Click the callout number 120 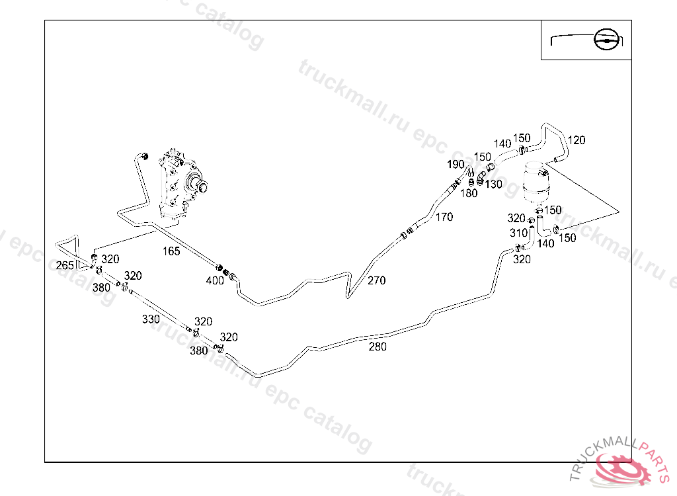click(x=577, y=140)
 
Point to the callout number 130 click(x=493, y=184)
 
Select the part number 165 click(x=171, y=251)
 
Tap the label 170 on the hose click(x=444, y=217)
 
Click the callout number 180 click(x=468, y=193)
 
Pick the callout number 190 click(x=456, y=164)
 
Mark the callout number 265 click(x=65, y=266)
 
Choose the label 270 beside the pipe click(x=376, y=280)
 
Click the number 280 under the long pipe click(x=378, y=347)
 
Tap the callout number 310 click(x=518, y=233)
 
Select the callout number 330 click(x=151, y=319)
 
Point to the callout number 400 click(x=215, y=280)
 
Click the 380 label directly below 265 click(x=101, y=288)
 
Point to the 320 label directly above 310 click(x=516, y=218)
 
